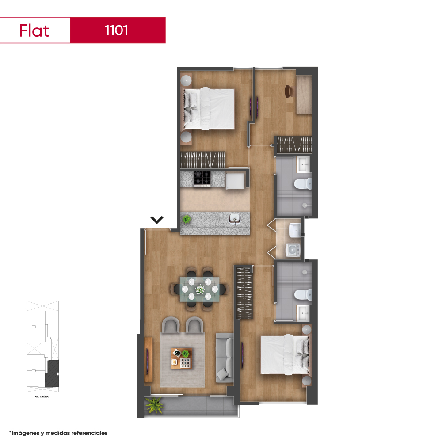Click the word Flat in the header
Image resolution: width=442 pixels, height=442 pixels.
click(x=34, y=30)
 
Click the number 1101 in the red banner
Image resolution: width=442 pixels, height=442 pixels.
click(x=116, y=30)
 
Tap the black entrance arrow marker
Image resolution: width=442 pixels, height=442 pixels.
click(x=157, y=220)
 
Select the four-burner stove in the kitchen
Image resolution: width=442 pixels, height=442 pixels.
click(x=202, y=179)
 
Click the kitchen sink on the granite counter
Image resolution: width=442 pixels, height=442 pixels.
click(x=235, y=218)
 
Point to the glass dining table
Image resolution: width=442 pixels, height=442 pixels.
click(x=200, y=289)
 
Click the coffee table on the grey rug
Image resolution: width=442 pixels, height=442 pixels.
click(x=182, y=358)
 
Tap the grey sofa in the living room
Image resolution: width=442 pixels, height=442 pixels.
click(x=225, y=358)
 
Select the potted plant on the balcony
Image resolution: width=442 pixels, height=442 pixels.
click(x=154, y=405)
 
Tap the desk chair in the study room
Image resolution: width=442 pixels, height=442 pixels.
click(x=288, y=91)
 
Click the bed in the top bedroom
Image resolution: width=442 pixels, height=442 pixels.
click(x=209, y=109)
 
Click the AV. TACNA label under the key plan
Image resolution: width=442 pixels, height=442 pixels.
click(x=42, y=396)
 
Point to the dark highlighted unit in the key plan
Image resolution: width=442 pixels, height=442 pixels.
click(x=52, y=374)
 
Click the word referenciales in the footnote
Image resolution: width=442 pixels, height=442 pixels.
click(x=89, y=433)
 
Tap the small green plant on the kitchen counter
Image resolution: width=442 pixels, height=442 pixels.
click(x=186, y=219)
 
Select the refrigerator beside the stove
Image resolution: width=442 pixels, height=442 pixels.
click(x=235, y=181)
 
